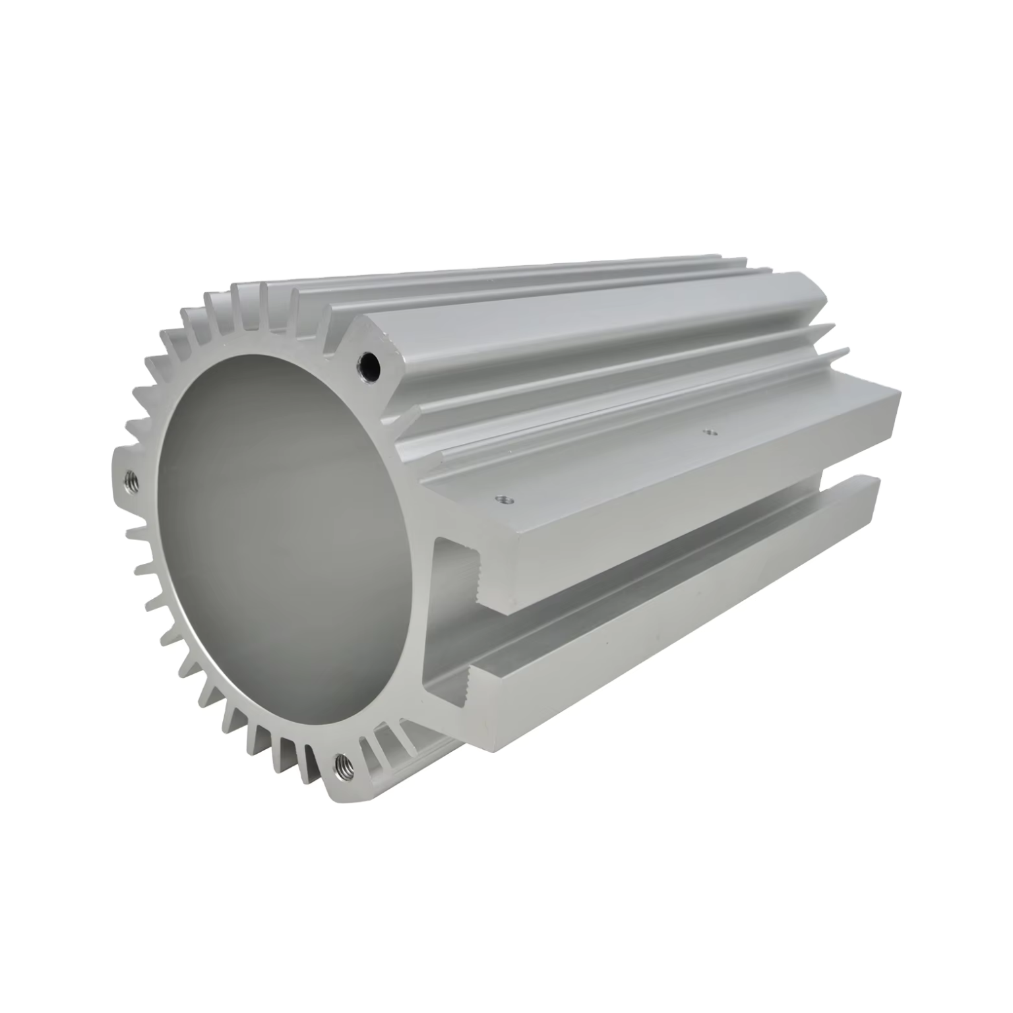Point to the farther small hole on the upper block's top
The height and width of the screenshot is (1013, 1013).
point(710,433)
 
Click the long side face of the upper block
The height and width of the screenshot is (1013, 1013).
point(692,508)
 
